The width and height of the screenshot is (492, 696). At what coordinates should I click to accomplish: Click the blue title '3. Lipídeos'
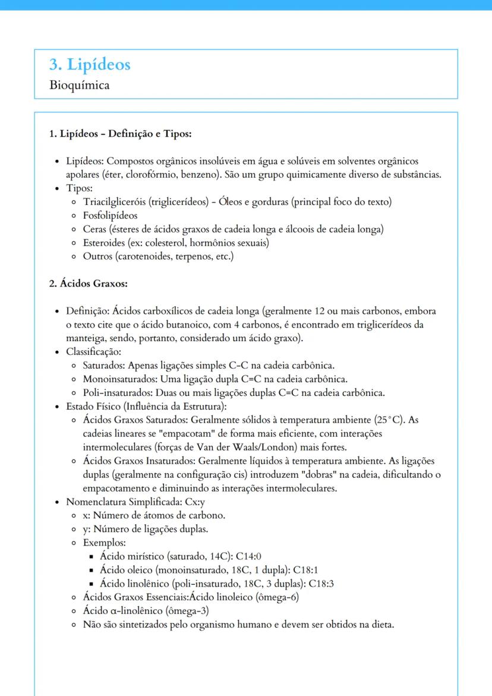pyautogui.click(x=90, y=64)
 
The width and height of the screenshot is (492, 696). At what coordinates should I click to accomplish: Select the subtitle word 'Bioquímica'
pyautogui.click(x=80, y=85)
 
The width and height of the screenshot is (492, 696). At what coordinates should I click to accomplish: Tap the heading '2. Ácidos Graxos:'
pyautogui.click(x=88, y=284)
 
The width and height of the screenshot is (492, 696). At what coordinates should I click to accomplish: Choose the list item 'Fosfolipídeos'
pyautogui.click(x=110, y=215)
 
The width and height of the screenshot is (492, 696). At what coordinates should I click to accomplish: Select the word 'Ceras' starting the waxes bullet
pyautogui.click(x=94, y=229)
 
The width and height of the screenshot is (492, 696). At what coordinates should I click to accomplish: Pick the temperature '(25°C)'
pyautogui.click(x=389, y=420)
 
